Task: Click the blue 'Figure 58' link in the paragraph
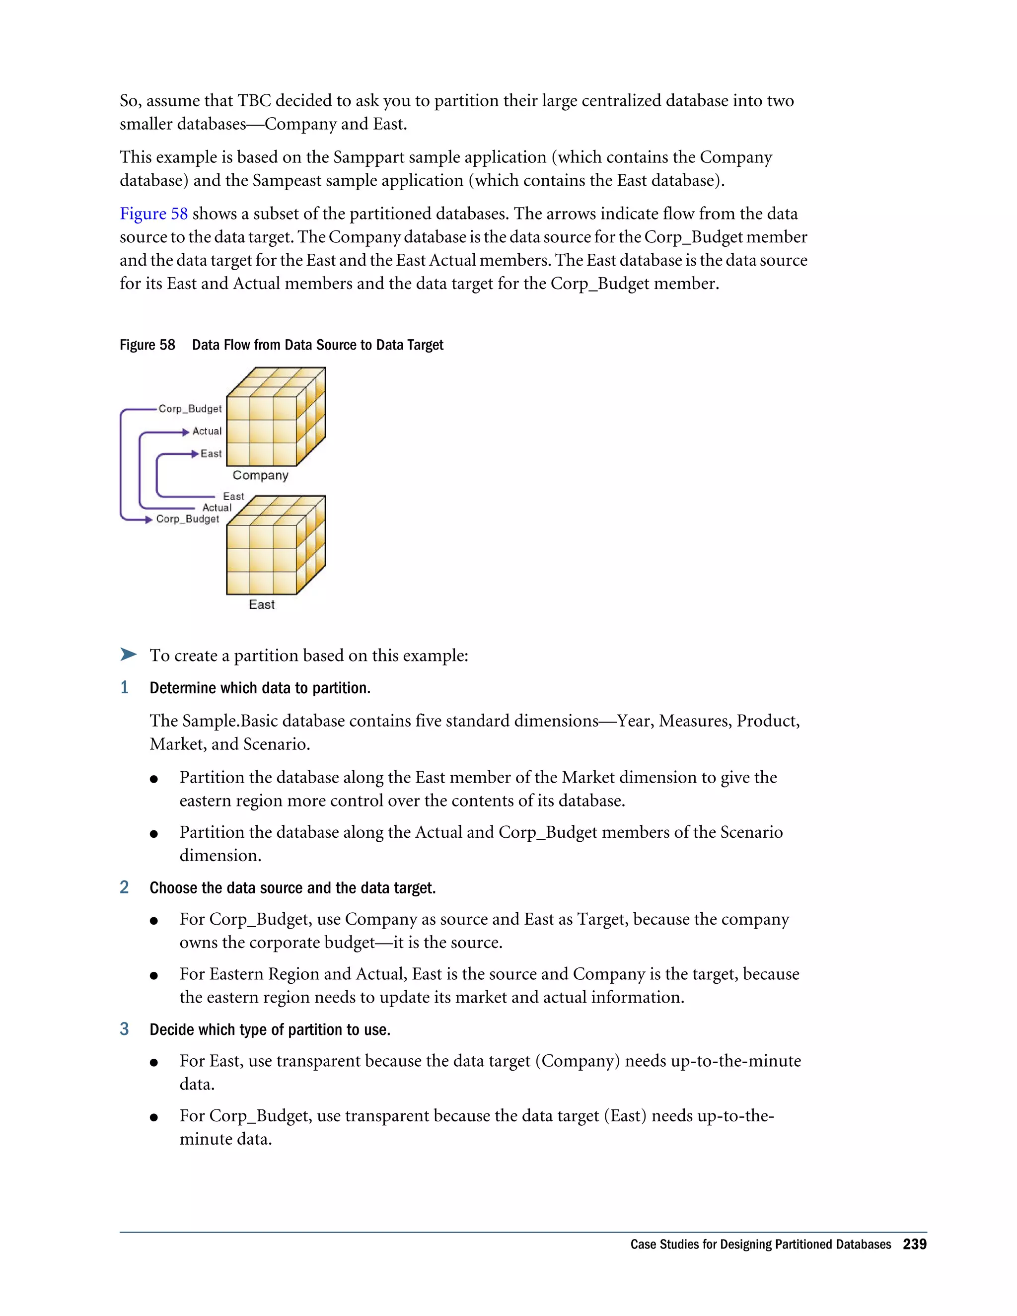(153, 214)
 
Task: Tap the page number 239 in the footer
(914, 1244)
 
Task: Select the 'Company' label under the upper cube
(260, 475)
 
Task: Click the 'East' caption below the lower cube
(262, 604)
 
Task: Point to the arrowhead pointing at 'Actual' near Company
(186, 432)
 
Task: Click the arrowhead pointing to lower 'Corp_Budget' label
(148, 519)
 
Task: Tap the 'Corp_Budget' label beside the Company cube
(190, 409)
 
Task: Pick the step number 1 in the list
(125, 687)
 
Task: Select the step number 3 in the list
(125, 1029)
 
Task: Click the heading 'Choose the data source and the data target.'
(292, 888)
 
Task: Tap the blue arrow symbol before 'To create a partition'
(128, 655)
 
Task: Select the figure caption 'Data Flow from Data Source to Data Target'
(317, 345)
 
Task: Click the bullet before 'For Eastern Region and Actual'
(154, 975)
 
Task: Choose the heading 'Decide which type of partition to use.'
(270, 1030)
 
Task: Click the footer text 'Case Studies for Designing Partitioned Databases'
(760, 1245)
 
